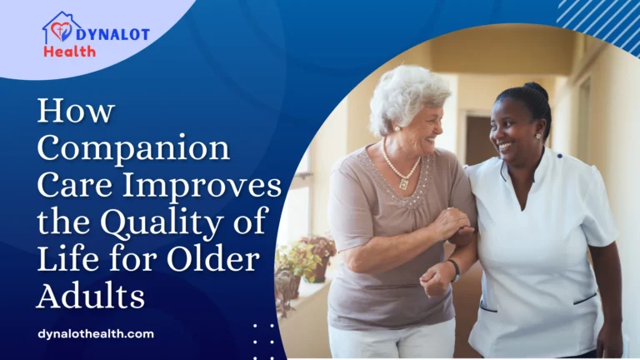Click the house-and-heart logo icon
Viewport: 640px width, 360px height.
61,29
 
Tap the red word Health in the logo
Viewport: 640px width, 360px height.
70,52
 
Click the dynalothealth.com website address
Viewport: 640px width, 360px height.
96,334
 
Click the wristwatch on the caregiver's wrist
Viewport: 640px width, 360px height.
453,268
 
